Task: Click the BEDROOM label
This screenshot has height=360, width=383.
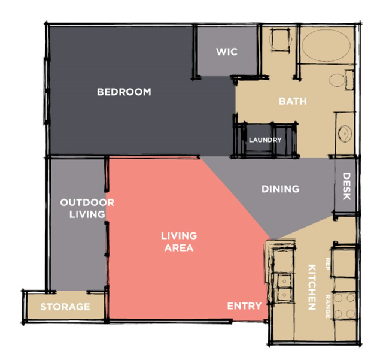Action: [124, 92]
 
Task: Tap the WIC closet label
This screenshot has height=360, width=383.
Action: [227, 52]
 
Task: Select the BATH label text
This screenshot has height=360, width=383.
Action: [293, 101]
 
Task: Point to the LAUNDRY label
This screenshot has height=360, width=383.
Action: [265, 140]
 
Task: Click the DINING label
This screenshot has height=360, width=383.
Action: [281, 189]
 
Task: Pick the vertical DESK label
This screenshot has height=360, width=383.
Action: [346, 186]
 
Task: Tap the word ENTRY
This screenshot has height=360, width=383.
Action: [244, 306]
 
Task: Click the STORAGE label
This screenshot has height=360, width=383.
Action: [65, 307]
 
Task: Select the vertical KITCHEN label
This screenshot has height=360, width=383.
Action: [312, 287]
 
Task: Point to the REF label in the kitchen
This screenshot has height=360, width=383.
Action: [327, 264]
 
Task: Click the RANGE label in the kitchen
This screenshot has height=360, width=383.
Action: [327, 307]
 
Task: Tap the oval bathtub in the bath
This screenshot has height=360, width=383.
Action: [326, 45]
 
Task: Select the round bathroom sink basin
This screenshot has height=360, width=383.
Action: [345, 134]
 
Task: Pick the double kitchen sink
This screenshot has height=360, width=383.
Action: [284, 288]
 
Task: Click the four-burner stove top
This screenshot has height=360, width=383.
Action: [345, 305]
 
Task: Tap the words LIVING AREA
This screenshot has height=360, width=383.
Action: [179, 242]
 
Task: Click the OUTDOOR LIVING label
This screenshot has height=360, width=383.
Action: [87, 208]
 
